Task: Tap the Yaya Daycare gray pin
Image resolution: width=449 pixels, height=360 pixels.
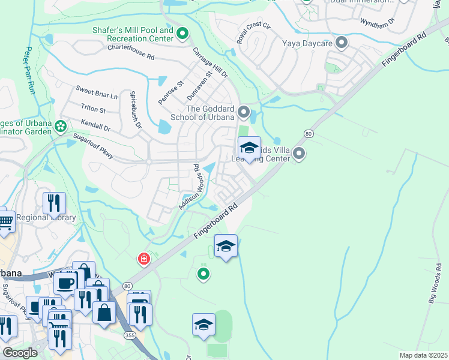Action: click(342, 43)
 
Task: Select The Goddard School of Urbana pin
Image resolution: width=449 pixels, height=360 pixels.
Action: click(244, 112)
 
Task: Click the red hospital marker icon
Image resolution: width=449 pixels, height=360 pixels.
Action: click(143, 259)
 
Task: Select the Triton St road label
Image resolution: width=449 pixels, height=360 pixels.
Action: click(93, 110)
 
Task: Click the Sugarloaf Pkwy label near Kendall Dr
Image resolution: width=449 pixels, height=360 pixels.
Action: click(93, 140)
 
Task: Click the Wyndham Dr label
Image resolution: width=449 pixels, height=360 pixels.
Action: click(377, 22)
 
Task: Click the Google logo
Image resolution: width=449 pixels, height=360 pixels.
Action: click(20, 353)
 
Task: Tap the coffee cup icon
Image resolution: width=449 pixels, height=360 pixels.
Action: click(65, 282)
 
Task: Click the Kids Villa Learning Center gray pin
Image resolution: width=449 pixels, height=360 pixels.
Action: click(299, 155)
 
